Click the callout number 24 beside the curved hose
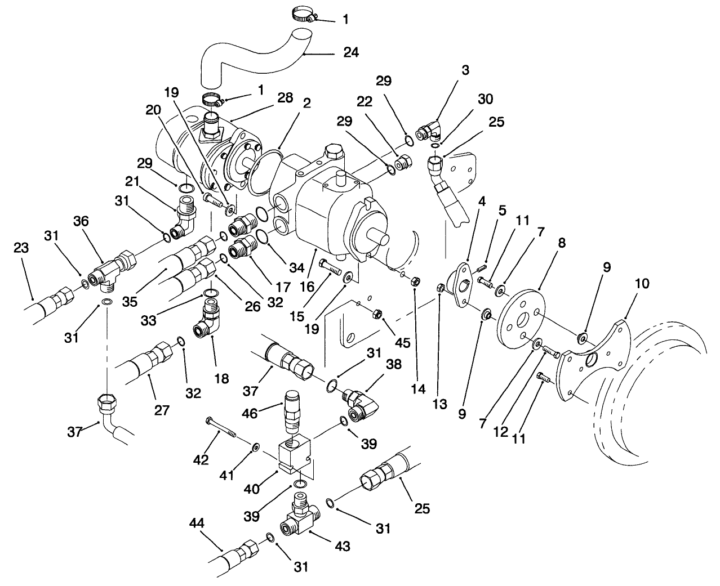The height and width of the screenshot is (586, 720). pos(351,52)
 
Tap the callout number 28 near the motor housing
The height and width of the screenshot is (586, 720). pos(285,97)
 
